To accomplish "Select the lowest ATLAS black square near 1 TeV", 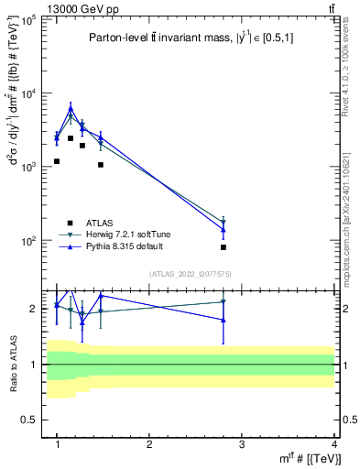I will [57, 161].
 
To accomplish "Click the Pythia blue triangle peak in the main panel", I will [71, 108].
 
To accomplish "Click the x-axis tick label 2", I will [149, 444].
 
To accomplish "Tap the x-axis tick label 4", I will [334, 444].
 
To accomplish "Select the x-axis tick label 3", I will [242, 444].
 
